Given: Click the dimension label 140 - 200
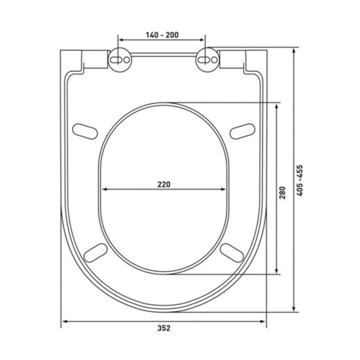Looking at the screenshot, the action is pos(162,35).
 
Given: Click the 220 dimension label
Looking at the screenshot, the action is pos(164,185).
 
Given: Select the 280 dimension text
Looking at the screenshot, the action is pos(282,192).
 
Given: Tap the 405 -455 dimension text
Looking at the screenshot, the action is pos(300,181).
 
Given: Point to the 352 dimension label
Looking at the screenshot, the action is pos(164,328).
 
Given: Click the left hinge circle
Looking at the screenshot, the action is pos(120,60).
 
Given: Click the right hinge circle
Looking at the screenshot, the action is pos(207,60).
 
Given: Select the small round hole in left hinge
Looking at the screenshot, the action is pos(127,60).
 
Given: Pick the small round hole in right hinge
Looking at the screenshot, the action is pos(214,60).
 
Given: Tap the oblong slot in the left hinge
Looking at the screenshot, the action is pos(116,60).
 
